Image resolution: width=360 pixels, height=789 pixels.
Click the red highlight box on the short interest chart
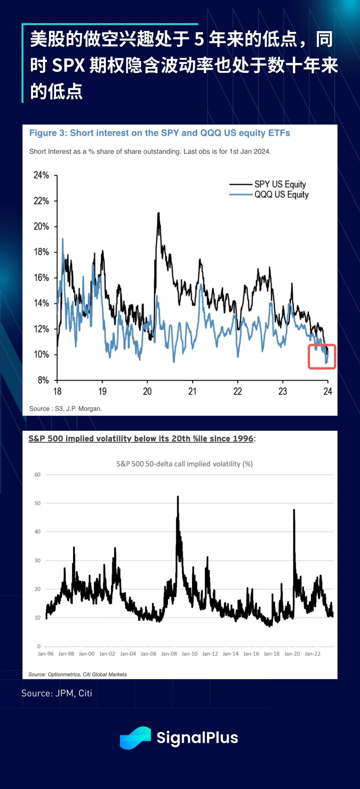(x=322, y=356)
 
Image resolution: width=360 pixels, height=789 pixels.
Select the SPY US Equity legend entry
(x=280, y=184)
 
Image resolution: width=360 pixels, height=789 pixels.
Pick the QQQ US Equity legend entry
(x=281, y=194)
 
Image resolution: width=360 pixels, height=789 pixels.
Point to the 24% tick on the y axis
(x=41, y=175)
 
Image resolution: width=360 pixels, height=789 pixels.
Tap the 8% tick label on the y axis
(x=43, y=380)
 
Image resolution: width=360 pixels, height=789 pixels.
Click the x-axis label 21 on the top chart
(x=192, y=391)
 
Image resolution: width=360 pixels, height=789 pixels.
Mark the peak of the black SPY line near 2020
(x=159, y=213)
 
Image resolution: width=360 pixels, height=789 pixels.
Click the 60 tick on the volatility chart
(x=37, y=475)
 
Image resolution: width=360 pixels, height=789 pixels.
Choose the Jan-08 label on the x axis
(x=169, y=654)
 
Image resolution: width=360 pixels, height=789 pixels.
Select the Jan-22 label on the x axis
(x=313, y=654)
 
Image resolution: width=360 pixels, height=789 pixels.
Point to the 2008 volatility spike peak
(x=178, y=497)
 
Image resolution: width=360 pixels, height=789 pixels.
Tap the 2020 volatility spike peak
(x=294, y=510)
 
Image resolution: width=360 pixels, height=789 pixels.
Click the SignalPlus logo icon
(x=135, y=738)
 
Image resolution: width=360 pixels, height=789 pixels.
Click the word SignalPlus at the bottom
(x=197, y=738)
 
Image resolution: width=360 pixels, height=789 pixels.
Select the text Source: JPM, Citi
(x=57, y=693)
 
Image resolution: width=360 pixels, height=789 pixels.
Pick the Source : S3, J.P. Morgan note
(x=66, y=409)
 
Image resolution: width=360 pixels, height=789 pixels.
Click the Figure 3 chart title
(x=160, y=133)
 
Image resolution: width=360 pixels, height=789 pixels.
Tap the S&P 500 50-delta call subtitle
(x=184, y=464)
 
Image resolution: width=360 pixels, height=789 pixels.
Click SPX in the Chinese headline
(x=68, y=65)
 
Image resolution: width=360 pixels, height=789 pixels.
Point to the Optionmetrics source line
(x=78, y=674)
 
